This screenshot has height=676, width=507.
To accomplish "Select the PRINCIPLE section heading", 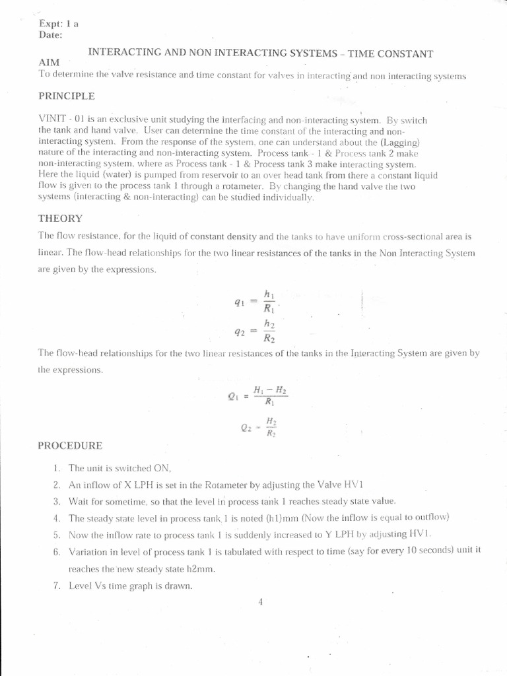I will (66, 96).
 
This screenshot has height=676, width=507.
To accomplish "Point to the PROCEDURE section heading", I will (70, 446).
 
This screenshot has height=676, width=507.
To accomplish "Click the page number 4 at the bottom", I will (261, 601).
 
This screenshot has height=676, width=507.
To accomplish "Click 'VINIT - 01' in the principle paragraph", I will (59, 121).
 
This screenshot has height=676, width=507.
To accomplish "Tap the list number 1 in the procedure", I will (57, 468).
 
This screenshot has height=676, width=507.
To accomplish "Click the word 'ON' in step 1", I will (163, 468).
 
